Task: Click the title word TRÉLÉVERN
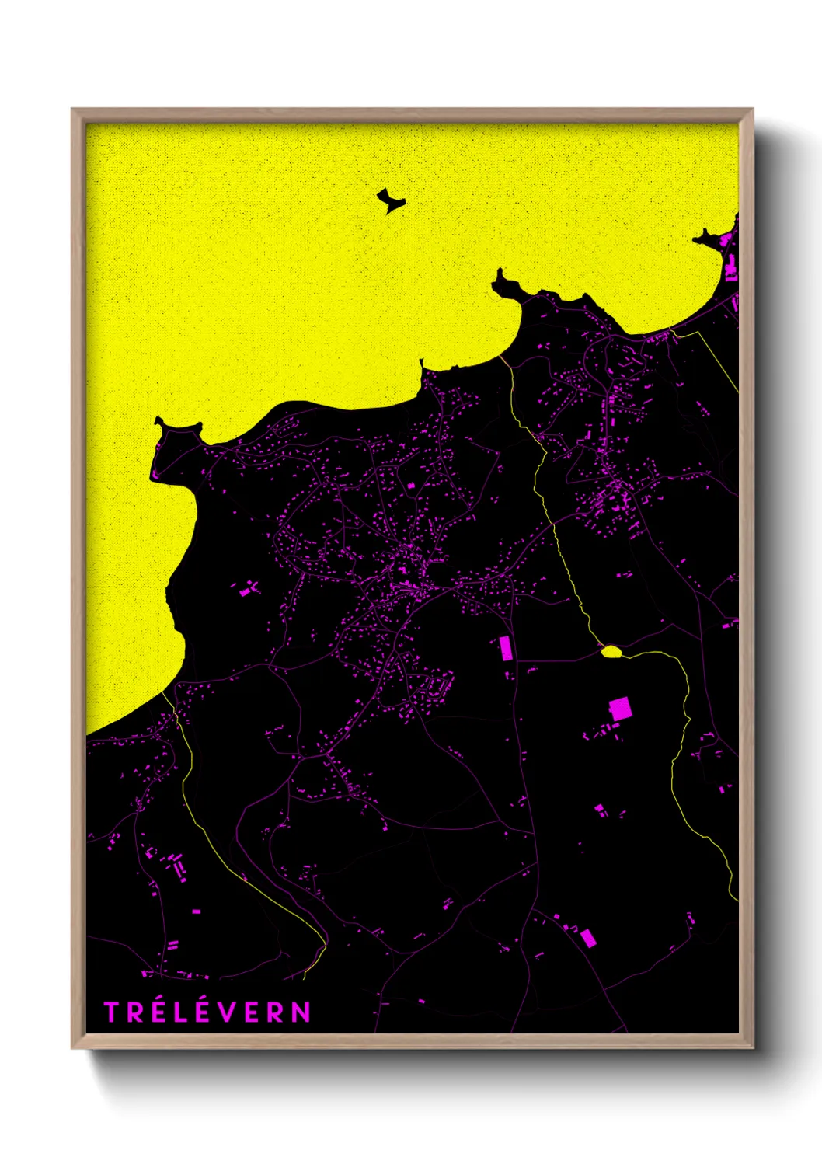pos(207,1012)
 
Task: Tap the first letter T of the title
pos(111,1012)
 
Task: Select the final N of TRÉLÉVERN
pos(301,1012)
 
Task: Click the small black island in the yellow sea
pos(391,201)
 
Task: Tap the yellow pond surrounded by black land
pos(612,651)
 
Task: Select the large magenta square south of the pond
pos(619,709)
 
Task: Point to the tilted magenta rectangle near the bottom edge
pos(588,938)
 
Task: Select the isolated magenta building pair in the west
pos(249,589)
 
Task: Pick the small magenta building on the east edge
pos(728,624)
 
